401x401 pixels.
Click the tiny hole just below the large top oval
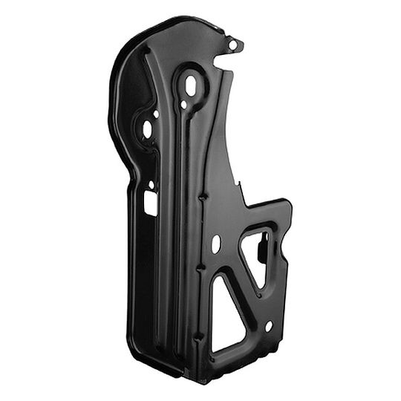pos(183,105)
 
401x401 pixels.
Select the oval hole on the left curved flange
pos(147,129)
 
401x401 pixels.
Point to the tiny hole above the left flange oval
pos(155,114)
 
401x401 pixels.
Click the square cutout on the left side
pos(151,203)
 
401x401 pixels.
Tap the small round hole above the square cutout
pos(151,184)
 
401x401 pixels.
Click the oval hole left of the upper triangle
pos(216,243)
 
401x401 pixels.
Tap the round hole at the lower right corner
pos(269,326)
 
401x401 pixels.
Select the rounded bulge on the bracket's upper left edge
pos(119,74)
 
